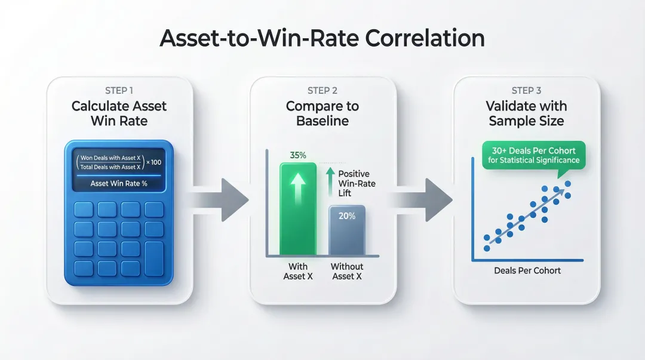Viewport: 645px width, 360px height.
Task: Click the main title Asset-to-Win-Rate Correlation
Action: click(x=322, y=38)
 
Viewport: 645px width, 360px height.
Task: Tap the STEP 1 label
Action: click(x=119, y=91)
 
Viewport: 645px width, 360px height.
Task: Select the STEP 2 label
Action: click(x=322, y=91)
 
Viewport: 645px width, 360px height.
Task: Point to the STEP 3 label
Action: click(x=526, y=91)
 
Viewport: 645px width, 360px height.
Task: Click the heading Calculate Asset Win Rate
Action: click(x=119, y=113)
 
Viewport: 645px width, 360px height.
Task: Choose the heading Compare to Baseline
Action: click(x=322, y=113)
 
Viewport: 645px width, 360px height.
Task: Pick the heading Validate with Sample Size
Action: click(x=526, y=113)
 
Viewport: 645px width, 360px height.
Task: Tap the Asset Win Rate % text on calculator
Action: click(x=119, y=183)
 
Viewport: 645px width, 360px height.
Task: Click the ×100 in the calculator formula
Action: click(x=157, y=162)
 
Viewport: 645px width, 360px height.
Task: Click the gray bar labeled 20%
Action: click(x=347, y=233)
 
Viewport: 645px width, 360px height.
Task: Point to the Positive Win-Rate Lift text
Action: click(x=357, y=183)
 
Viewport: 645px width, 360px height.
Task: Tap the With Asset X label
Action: click(x=298, y=271)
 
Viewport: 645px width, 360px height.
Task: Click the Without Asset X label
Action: click(x=347, y=271)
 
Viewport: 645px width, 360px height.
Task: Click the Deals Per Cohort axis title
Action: click(x=527, y=270)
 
